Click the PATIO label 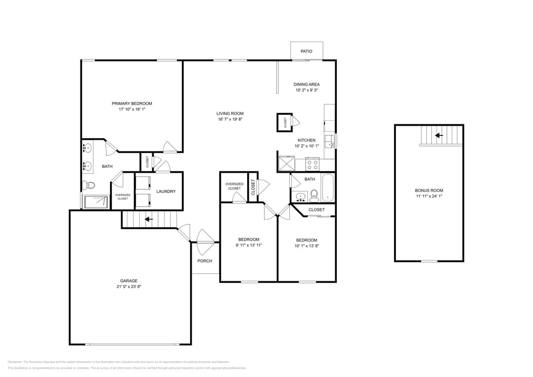click(306, 51)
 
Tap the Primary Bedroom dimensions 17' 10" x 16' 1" click(132, 109)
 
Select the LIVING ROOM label click(230, 113)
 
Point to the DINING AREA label click(306, 84)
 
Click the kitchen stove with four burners click(313, 165)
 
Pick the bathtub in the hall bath click(328, 188)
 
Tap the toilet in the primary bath click(90, 184)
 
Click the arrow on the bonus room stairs click(439, 135)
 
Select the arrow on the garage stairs click(148, 219)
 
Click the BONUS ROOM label click(428, 190)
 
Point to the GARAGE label click(129, 281)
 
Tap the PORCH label click(205, 261)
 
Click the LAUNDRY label click(166, 192)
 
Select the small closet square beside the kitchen click(285, 121)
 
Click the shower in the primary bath click(95, 201)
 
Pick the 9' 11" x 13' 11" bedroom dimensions click(248, 245)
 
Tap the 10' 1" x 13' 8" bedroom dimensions click(306, 246)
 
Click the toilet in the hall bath click(314, 195)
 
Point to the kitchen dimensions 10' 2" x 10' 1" click(306, 146)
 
